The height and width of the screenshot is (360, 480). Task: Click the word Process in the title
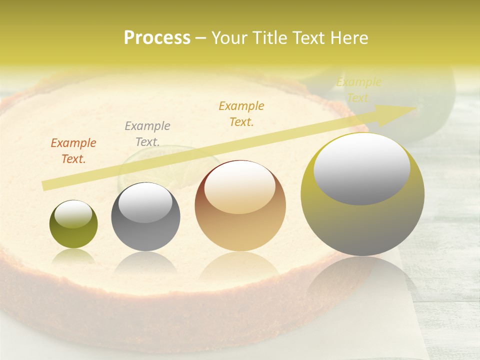(x=157, y=38)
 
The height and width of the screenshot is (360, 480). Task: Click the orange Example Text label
(x=73, y=151)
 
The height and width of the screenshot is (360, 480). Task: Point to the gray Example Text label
(x=147, y=134)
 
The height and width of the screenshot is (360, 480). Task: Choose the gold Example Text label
(x=241, y=113)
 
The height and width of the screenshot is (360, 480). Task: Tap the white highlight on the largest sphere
(x=361, y=167)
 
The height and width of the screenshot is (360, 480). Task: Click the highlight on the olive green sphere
(x=73, y=213)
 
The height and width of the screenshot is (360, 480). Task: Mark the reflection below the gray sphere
(x=145, y=262)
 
